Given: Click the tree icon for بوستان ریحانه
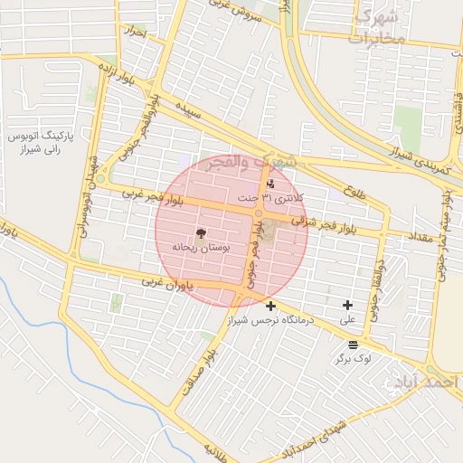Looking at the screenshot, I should [x=200, y=233].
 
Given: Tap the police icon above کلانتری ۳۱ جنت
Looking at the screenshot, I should [x=269, y=184].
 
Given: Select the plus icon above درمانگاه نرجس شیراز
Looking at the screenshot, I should [x=270, y=307].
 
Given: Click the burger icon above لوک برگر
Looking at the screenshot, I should [x=352, y=345].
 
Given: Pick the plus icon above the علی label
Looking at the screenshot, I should [x=347, y=306].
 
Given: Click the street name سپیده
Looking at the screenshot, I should [x=188, y=113].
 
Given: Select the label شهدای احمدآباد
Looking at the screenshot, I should [x=313, y=438].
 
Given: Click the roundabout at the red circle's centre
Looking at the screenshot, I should [x=259, y=214].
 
